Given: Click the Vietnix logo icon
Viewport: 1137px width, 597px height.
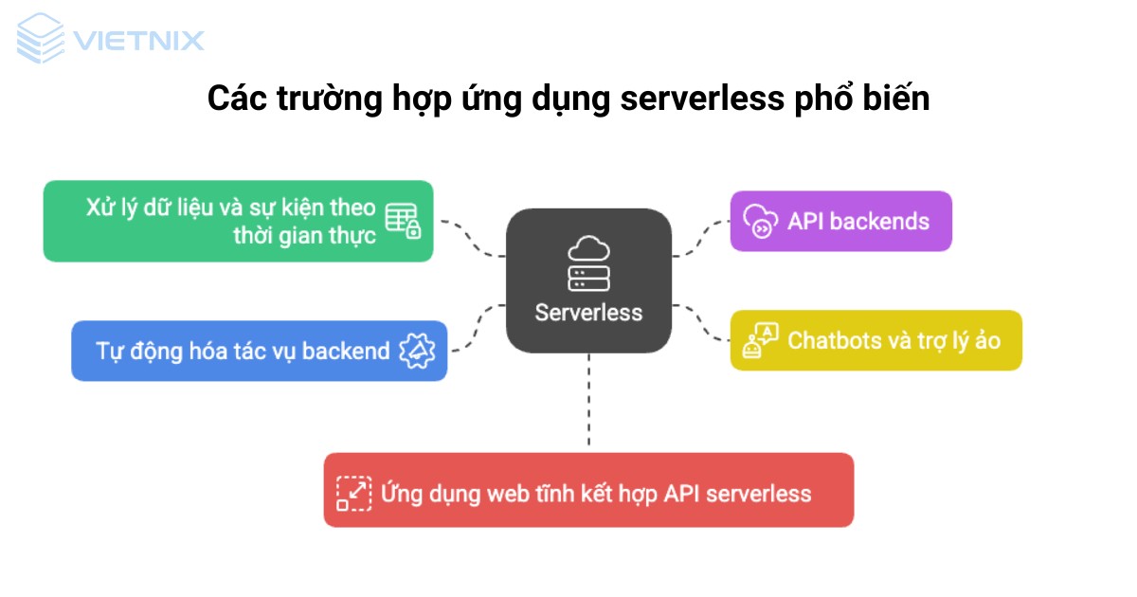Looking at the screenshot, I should point(41,39).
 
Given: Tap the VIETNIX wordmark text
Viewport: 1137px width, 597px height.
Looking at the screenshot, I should point(137,41).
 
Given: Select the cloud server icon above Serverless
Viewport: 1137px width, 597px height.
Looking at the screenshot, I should point(588,263).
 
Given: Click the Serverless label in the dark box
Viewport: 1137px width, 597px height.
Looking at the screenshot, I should point(588,313).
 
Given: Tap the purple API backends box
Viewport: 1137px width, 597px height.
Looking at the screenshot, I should point(839,221).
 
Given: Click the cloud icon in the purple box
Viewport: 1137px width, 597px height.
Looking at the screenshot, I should point(760,221).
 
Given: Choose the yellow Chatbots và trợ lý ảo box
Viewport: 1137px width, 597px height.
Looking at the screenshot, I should point(875,339).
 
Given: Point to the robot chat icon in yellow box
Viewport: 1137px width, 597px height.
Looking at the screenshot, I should point(760,339).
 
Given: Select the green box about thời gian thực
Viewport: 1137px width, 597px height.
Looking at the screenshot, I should point(238,221).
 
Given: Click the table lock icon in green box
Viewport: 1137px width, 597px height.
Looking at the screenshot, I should point(402,221).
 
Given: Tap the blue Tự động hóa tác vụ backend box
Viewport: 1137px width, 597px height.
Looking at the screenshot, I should point(259,351).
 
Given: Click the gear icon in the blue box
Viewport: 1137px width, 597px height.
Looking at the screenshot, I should point(417,351).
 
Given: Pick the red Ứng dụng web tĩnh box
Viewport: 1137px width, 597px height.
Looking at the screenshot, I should point(588,490).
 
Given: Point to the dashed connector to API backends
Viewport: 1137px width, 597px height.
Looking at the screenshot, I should point(701,237).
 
